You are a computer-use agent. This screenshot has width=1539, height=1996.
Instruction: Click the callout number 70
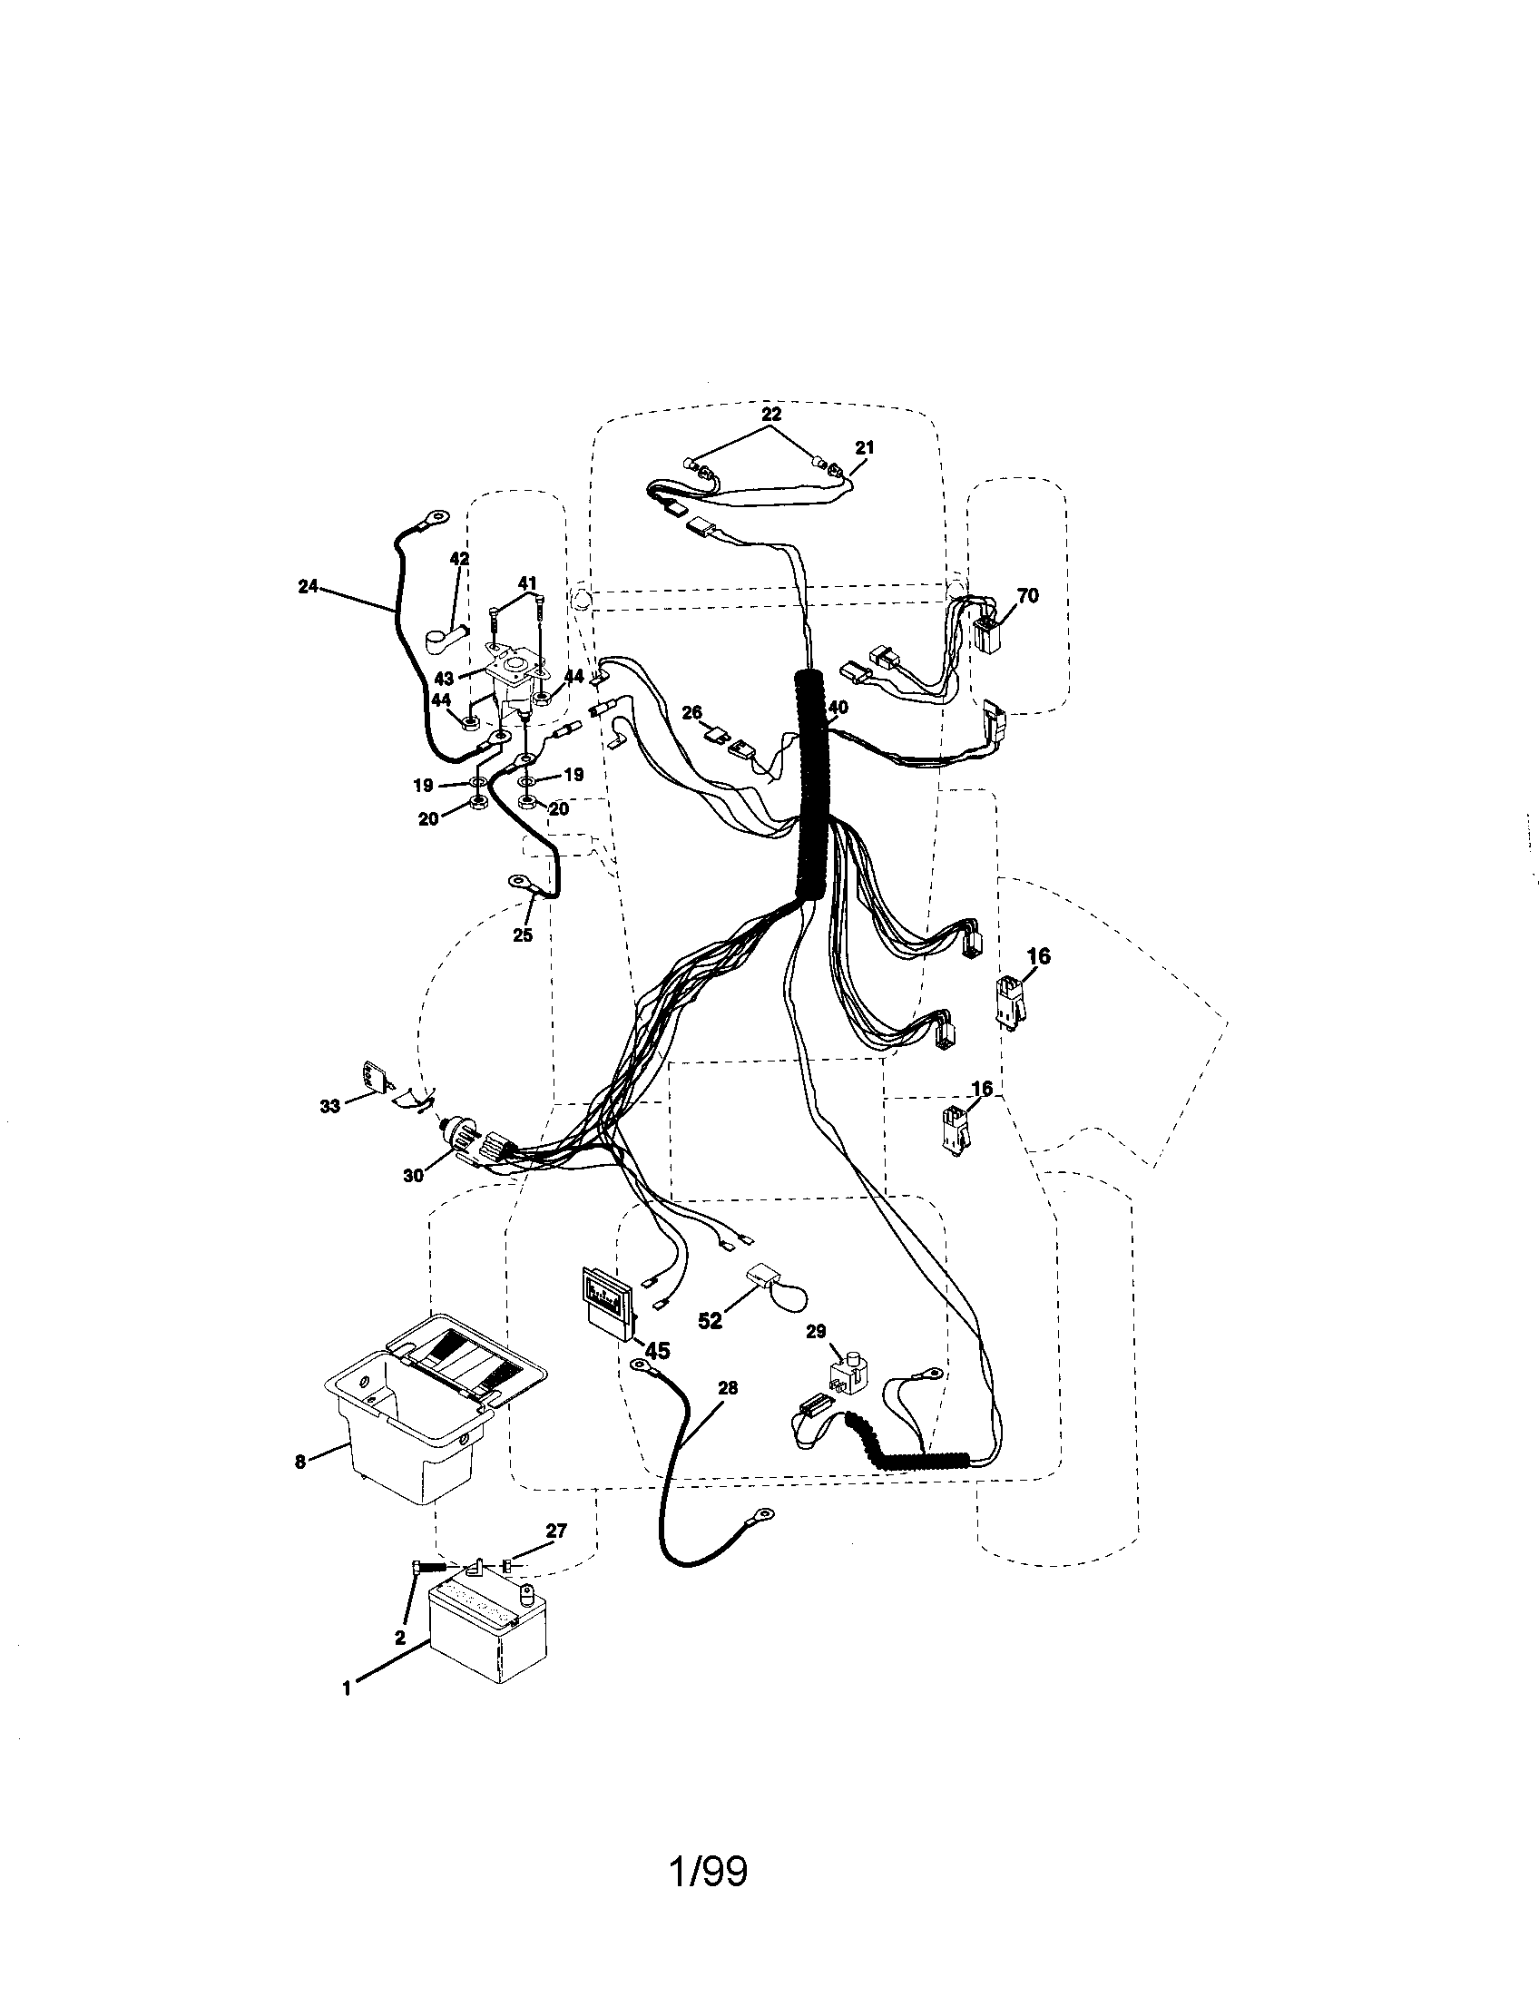click(x=1027, y=596)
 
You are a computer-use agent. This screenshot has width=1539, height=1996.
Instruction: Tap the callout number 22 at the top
click(x=771, y=414)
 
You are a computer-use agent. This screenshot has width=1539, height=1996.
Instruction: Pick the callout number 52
click(x=710, y=1322)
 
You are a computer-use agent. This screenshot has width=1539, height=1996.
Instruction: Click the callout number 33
click(x=330, y=1107)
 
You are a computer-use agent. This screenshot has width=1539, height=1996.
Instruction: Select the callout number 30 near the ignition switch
click(x=414, y=1176)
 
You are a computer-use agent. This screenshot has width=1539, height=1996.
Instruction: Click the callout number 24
click(x=308, y=586)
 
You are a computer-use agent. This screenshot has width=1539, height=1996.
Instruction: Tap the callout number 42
click(x=460, y=558)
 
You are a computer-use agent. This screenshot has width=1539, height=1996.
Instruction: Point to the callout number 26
click(x=691, y=712)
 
